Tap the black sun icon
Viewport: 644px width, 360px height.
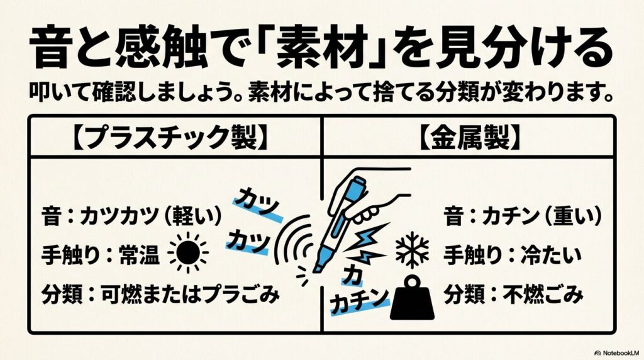click(x=187, y=254)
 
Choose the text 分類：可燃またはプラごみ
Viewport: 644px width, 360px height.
click(x=155, y=293)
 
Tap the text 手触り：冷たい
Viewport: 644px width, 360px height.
click(x=513, y=255)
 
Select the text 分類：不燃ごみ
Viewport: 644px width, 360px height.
click(x=513, y=293)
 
